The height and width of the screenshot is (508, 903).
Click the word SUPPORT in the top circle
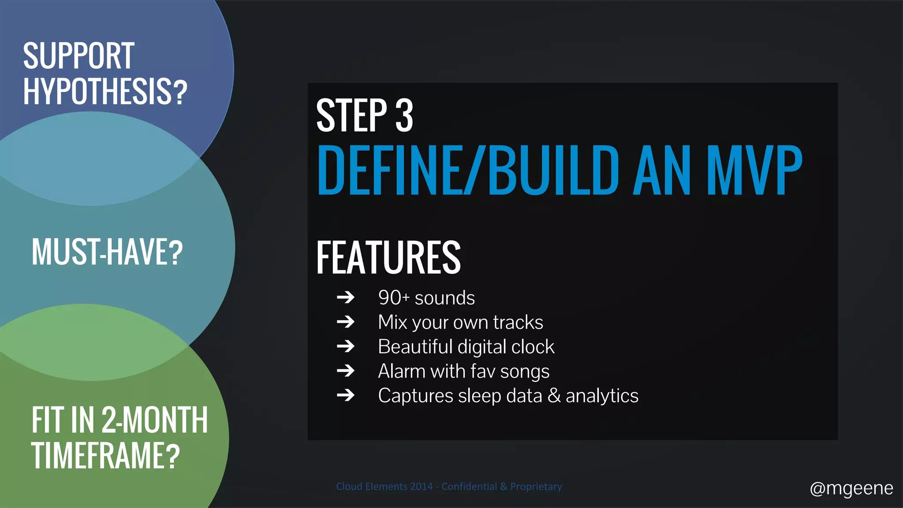pos(78,56)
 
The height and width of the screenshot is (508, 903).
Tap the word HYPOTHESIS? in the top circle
pos(105,92)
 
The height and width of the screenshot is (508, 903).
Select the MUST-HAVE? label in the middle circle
pos(107,252)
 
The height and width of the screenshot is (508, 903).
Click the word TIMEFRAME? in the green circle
pos(105,456)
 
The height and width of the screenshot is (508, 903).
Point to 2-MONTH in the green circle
pos(154,420)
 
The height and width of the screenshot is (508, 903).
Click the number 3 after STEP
pos(404,116)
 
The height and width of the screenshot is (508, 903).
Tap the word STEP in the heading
pos(351,116)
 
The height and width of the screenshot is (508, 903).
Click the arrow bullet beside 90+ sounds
pos(346,298)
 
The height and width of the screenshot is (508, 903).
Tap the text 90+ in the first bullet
pos(394,298)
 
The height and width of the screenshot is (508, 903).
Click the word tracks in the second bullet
pos(518,322)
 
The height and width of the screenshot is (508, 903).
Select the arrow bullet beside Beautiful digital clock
pos(346,347)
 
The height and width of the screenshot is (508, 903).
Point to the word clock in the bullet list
pos(533,347)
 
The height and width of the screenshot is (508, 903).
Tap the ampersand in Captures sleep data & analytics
pos(554,396)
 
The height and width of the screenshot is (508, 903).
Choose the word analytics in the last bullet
pos(602,396)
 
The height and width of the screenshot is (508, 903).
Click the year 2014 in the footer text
pos(421,486)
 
